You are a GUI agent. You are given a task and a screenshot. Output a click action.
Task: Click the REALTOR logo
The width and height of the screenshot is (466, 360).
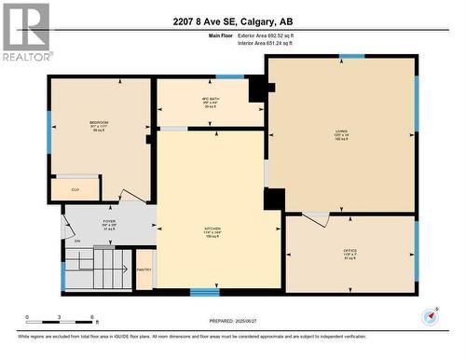[x=26, y=33]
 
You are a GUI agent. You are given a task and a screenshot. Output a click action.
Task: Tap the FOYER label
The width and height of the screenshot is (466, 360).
[x=110, y=225]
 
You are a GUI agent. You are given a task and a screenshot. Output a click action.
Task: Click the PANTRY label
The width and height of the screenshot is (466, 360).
[x=144, y=270]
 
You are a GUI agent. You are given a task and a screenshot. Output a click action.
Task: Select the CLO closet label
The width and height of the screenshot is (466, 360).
[x=75, y=190]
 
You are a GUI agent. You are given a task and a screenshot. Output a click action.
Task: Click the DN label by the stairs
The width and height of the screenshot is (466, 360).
[x=78, y=242]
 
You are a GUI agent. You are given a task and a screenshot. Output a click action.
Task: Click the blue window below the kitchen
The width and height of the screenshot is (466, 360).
[x=204, y=292]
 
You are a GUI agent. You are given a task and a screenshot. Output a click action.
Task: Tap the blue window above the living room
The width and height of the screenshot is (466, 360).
[x=352, y=56]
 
